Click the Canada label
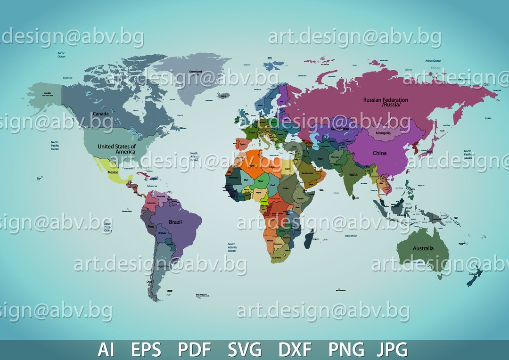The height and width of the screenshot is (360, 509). point(101,114)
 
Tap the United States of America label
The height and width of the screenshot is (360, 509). point(116,149)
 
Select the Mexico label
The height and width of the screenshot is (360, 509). point(113,172)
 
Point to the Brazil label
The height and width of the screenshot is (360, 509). point(175,222)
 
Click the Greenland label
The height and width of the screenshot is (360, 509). point(196,72)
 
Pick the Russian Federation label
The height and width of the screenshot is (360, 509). point(386,102)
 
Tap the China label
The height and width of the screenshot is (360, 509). point(379,153)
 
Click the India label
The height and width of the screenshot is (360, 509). point(353,175)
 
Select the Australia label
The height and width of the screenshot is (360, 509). point(423,248)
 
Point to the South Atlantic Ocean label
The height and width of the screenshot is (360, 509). point(232,247)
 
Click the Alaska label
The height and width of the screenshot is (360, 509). point(47,93)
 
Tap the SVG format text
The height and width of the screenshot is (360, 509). point(245,350)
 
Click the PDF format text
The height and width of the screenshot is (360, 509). point(195,350)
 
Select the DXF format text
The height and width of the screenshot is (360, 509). point(295,350)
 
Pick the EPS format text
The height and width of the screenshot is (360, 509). point(146,350)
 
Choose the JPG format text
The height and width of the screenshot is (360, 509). point(392,350)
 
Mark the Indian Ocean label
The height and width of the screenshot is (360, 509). point(351,236)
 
